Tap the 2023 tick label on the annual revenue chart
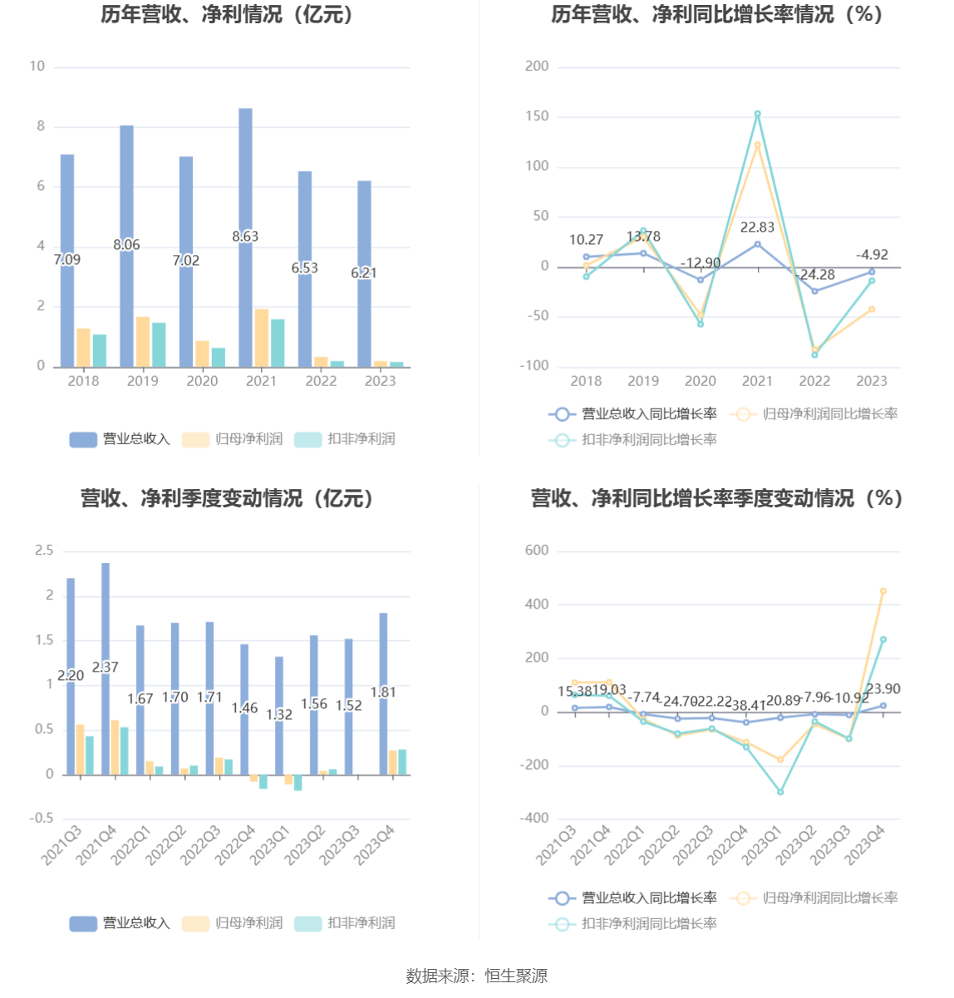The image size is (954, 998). [381, 381]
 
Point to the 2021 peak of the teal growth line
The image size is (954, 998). [757, 114]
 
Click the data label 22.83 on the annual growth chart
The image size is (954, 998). [757, 227]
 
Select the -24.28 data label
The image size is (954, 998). [816, 275]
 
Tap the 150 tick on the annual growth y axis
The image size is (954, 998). [537, 116]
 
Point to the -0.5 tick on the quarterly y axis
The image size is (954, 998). [42, 819]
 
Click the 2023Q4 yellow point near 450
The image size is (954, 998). [883, 591]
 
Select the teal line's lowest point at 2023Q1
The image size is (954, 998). [780, 792]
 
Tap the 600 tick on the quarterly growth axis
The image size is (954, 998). [537, 550]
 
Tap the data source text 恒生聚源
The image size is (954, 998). [516, 976]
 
